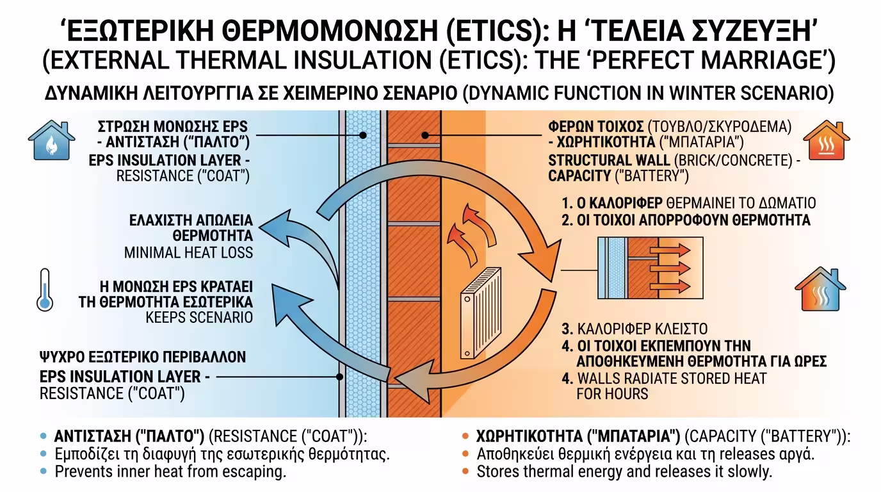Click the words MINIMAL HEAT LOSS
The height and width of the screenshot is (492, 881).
pyautogui.click(x=188, y=252)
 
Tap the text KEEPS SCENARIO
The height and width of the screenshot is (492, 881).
pyautogui.click(x=199, y=317)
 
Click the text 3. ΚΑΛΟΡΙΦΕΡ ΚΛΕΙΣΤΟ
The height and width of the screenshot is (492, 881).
pyautogui.click(x=634, y=330)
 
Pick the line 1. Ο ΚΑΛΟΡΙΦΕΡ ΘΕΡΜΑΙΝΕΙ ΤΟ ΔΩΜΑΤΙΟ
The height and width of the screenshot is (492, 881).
pyautogui.click(x=688, y=204)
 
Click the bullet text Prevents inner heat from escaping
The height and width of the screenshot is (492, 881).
pyautogui.click(x=170, y=472)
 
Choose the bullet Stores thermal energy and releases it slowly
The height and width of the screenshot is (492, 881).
pyautogui.click(x=625, y=472)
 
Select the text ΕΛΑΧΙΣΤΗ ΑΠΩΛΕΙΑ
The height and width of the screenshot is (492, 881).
pyautogui.click(x=192, y=221)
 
